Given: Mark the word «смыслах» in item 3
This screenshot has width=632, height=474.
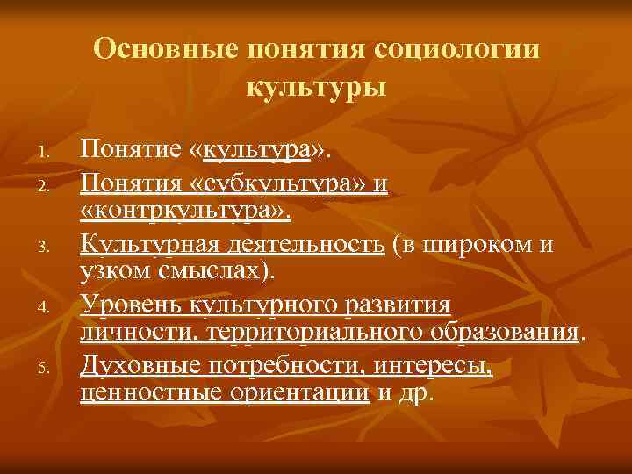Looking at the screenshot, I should pos(218,272).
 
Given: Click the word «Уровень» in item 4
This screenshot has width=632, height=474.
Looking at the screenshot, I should pos(131,304).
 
